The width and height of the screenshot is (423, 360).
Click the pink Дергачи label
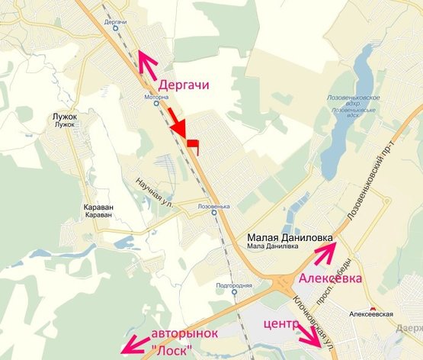[x=182, y=85]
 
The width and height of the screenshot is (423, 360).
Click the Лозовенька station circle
[x=213, y=214]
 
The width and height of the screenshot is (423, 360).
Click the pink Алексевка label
[x=328, y=278]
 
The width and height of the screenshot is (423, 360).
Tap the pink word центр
[x=279, y=326]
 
